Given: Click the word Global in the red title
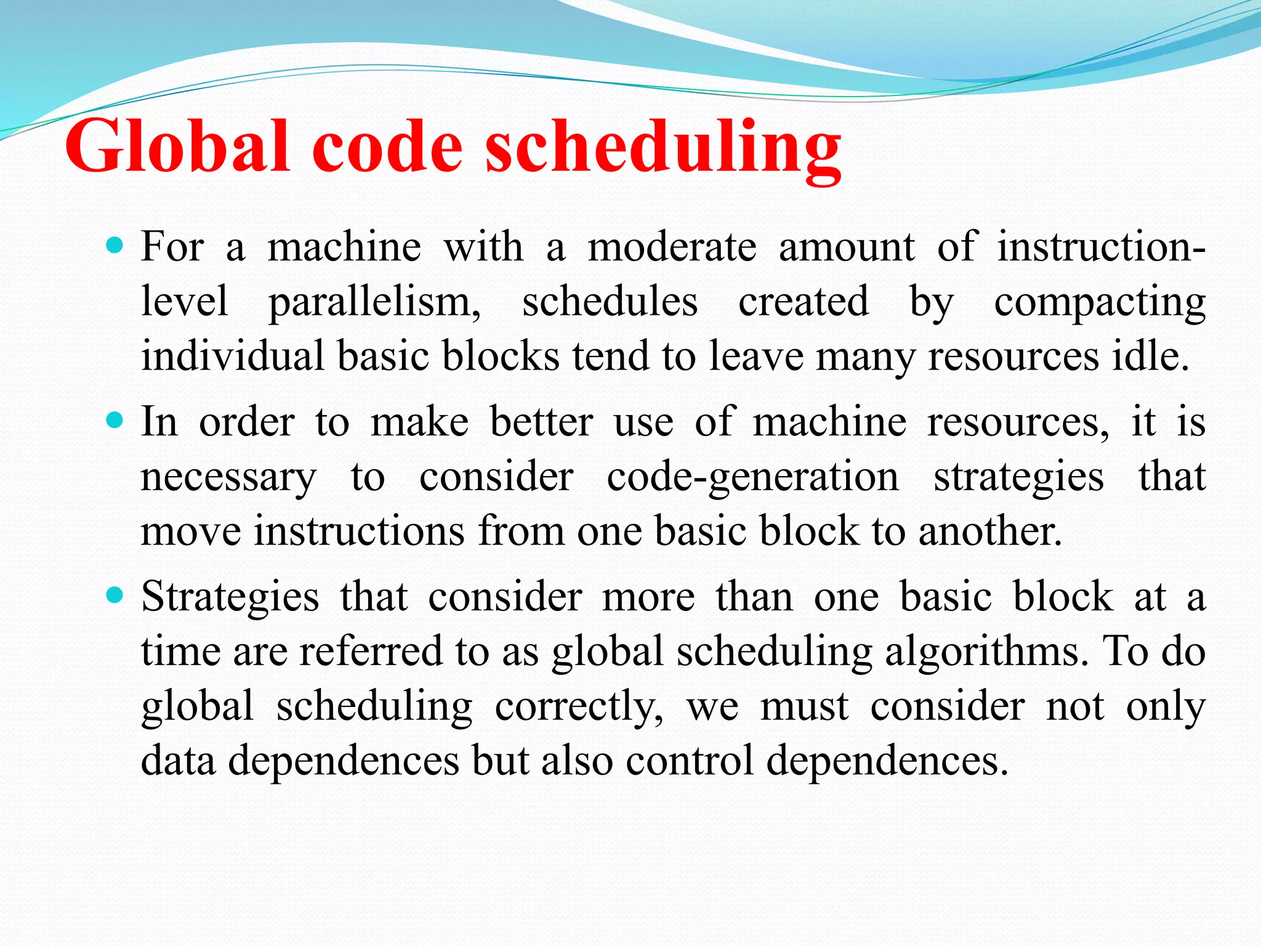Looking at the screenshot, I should click(177, 147).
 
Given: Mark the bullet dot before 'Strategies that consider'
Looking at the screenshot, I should click(115, 596).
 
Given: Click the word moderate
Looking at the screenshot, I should click(672, 247).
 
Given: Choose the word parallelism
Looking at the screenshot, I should click(374, 302).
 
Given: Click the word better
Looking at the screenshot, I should click(542, 422).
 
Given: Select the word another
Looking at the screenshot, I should click(990, 531).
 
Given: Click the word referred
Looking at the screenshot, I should click(371, 651).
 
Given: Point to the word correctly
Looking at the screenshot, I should click(579, 706).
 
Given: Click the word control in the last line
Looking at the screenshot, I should click(690, 760).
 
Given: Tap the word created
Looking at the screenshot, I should click(804, 302).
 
